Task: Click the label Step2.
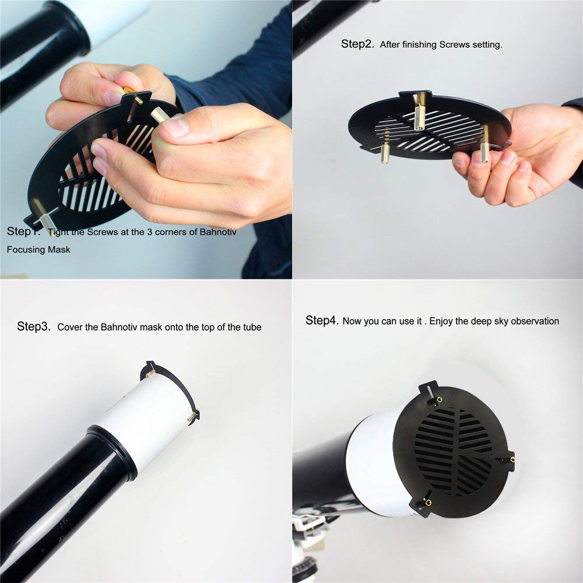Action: point(357,44)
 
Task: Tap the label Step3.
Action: point(33,327)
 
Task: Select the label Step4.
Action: point(322,321)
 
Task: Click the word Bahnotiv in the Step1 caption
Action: point(218,232)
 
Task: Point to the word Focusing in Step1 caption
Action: point(22,250)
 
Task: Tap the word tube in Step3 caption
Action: point(252,327)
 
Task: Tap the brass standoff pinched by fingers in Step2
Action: point(484,144)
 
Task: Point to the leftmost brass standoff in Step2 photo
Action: point(385,147)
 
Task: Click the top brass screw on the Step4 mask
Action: point(439,400)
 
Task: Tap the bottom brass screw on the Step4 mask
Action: point(429,503)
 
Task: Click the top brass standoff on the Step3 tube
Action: point(150,373)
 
